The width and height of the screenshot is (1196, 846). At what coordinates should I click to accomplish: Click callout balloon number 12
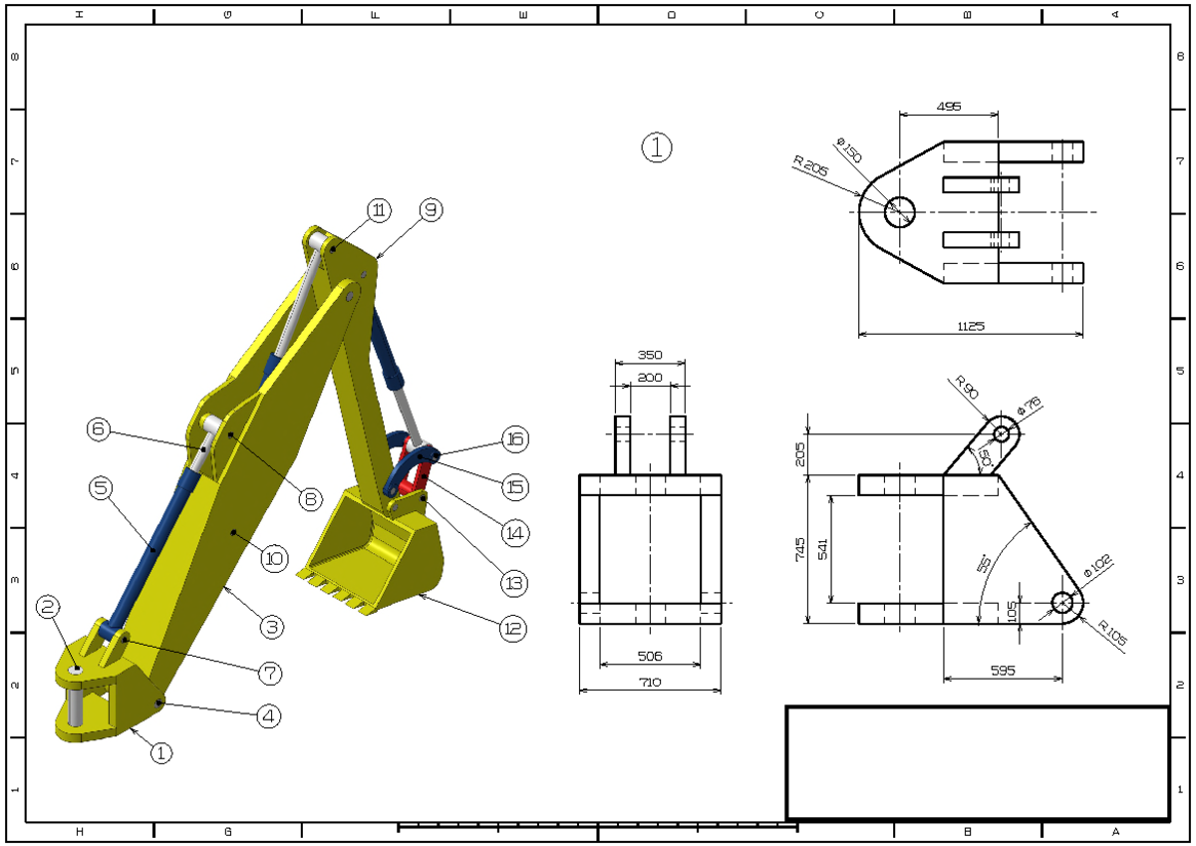coord(513,628)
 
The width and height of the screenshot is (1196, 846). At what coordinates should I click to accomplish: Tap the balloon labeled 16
coord(515,439)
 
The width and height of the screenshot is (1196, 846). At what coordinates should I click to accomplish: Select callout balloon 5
coord(101,488)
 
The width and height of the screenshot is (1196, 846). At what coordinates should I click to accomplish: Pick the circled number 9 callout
coord(431,210)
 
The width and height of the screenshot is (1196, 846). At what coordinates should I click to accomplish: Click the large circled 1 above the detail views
coord(657,147)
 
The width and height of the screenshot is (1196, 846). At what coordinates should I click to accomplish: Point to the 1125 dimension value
coord(971,326)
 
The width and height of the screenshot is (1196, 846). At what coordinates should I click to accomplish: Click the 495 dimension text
coord(949,107)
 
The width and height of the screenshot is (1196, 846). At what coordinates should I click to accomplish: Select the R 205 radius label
coord(810,166)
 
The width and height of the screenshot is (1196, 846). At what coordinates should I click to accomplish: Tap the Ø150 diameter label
coord(849,150)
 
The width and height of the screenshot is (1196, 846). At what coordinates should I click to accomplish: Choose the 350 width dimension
coord(650,355)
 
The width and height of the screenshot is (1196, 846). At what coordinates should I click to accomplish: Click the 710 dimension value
coord(650,683)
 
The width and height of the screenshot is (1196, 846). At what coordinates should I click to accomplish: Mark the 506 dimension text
coord(650,656)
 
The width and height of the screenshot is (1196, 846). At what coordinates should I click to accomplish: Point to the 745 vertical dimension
coord(799,549)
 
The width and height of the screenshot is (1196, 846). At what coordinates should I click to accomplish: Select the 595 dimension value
coord(1003,671)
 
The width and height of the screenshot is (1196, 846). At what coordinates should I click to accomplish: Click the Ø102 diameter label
coord(1097,566)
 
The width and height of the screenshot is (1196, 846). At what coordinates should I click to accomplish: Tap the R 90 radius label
coord(967,387)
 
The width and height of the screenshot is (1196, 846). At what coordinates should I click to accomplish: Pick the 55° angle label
coord(984,564)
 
